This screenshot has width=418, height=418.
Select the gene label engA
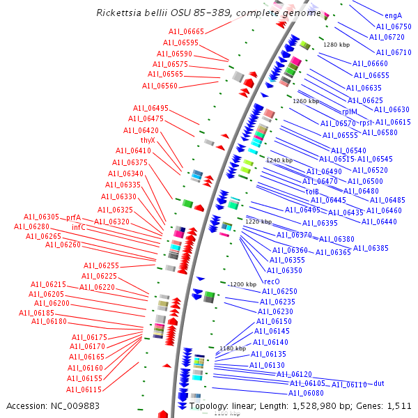pos(394,15)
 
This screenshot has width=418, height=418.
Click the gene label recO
pos(272,281)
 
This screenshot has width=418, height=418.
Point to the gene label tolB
pos(312,191)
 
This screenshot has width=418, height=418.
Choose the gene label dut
pos(379,384)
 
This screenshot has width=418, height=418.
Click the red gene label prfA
pos(74,217)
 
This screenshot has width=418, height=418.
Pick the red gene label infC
pos(79,227)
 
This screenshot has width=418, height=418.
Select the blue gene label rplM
pos(349,111)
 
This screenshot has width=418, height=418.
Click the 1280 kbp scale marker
pos(336,45)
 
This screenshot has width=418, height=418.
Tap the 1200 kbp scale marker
pos(243,284)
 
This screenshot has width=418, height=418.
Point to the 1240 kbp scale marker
pos(279,160)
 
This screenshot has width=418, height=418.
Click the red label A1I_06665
pos(186,31)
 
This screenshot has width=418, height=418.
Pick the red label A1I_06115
pos(84,389)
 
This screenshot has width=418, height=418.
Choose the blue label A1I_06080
pos(306,394)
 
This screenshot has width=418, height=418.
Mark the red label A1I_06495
pos(151,108)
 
